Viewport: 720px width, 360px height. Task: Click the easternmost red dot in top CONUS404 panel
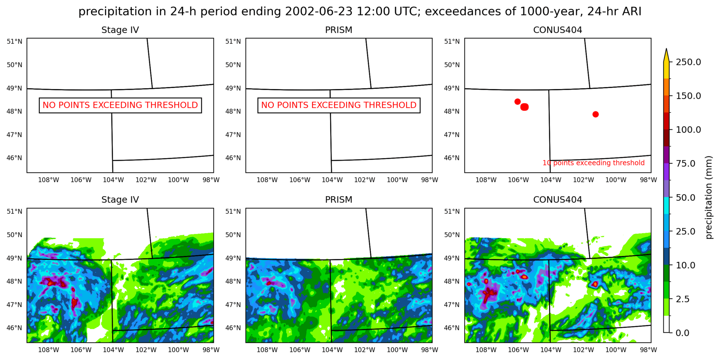[595, 114]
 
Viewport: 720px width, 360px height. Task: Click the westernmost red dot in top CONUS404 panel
[518, 101]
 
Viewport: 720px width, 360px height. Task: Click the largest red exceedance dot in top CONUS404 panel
[525, 107]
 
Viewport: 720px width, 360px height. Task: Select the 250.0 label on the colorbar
[688, 62]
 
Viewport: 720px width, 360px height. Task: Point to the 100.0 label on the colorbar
[688, 130]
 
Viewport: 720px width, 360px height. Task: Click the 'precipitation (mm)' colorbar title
[708, 197]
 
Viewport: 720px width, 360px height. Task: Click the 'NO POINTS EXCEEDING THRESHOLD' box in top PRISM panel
[339, 105]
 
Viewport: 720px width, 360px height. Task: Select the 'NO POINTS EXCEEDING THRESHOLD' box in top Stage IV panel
[120, 105]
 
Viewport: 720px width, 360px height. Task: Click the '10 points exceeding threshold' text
[593, 163]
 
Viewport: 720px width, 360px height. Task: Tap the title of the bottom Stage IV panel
[120, 200]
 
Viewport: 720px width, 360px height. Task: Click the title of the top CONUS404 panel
[557, 30]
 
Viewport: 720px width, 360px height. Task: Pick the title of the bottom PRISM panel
[338, 200]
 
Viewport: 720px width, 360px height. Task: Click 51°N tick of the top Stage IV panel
[14, 41]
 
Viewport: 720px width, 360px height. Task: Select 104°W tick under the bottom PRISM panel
[332, 349]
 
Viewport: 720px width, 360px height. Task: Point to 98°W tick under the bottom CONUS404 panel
[648, 349]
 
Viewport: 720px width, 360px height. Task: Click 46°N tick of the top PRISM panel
[233, 158]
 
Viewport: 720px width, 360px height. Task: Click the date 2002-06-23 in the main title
[318, 11]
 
